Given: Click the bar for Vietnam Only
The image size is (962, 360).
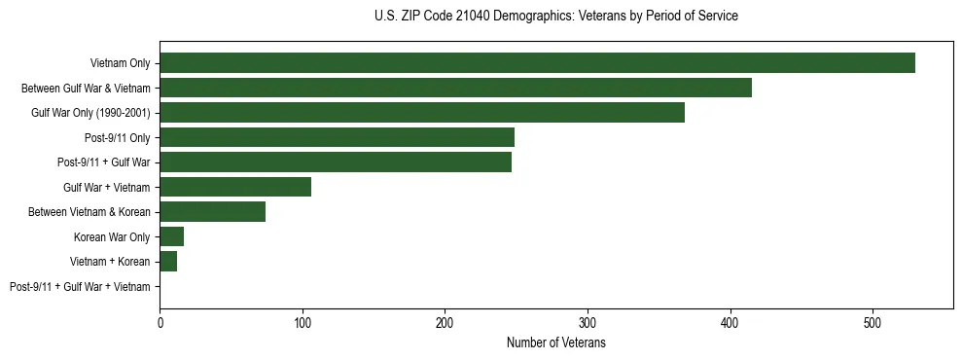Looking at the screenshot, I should pyautogui.click(x=537, y=63).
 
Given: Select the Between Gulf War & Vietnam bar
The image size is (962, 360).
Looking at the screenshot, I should pyautogui.click(x=455, y=88).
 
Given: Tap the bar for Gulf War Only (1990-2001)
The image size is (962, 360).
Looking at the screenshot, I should pyautogui.click(x=422, y=113).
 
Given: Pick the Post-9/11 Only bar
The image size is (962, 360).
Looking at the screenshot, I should pyautogui.click(x=337, y=137).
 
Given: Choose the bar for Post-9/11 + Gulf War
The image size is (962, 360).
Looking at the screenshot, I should pyautogui.click(x=336, y=162).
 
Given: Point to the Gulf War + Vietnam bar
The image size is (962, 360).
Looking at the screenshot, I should pyautogui.click(x=235, y=187).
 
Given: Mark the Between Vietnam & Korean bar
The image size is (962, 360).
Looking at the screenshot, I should pyautogui.click(x=213, y=212).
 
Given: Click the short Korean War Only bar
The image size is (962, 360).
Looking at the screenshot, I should pyautogui.click(x=172, y=236).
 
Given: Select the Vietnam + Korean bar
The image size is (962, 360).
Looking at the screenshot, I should pyautogui.click(x=168, y=262).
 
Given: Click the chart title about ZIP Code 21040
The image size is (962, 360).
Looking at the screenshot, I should pyautogui.click(x=555, y=17).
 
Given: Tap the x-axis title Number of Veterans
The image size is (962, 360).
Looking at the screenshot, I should pyautogui.click(x=555, y=343).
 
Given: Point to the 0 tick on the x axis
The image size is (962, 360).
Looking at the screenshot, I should pyautogui.click(x=160, y=322).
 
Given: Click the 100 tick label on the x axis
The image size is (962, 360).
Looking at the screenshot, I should pyautogui.click(x=303, y=322).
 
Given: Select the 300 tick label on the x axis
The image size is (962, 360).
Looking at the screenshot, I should pyautogui.click(x=588, y=322).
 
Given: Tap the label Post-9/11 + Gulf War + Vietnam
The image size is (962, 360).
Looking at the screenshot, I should pyautogui.click(x=80, y=287).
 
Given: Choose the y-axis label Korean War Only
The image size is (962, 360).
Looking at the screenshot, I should pyautogui.click(x=112, y=237).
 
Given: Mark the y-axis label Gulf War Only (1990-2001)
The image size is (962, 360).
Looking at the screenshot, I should pyautogui.click(x=90, y=113).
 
